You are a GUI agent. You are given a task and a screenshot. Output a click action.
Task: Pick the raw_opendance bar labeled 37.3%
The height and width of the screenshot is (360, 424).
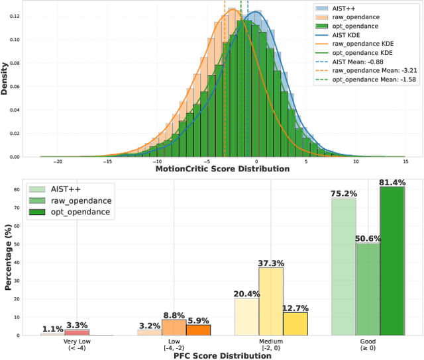pyautogui.click(x=270, y=301)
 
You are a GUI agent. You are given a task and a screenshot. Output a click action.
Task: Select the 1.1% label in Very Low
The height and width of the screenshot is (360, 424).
pyautogui.click(x=53, y=329)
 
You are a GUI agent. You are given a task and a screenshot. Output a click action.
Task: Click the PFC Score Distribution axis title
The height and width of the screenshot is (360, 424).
pyautogui.click(x=222, y=355)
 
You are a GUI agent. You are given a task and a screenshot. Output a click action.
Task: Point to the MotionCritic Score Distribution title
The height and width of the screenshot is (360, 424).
pyautogui.click(x=222, y=169)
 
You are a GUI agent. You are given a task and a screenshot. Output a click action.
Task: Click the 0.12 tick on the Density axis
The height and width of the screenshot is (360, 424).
pyautogui.click(x=15, y=15)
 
